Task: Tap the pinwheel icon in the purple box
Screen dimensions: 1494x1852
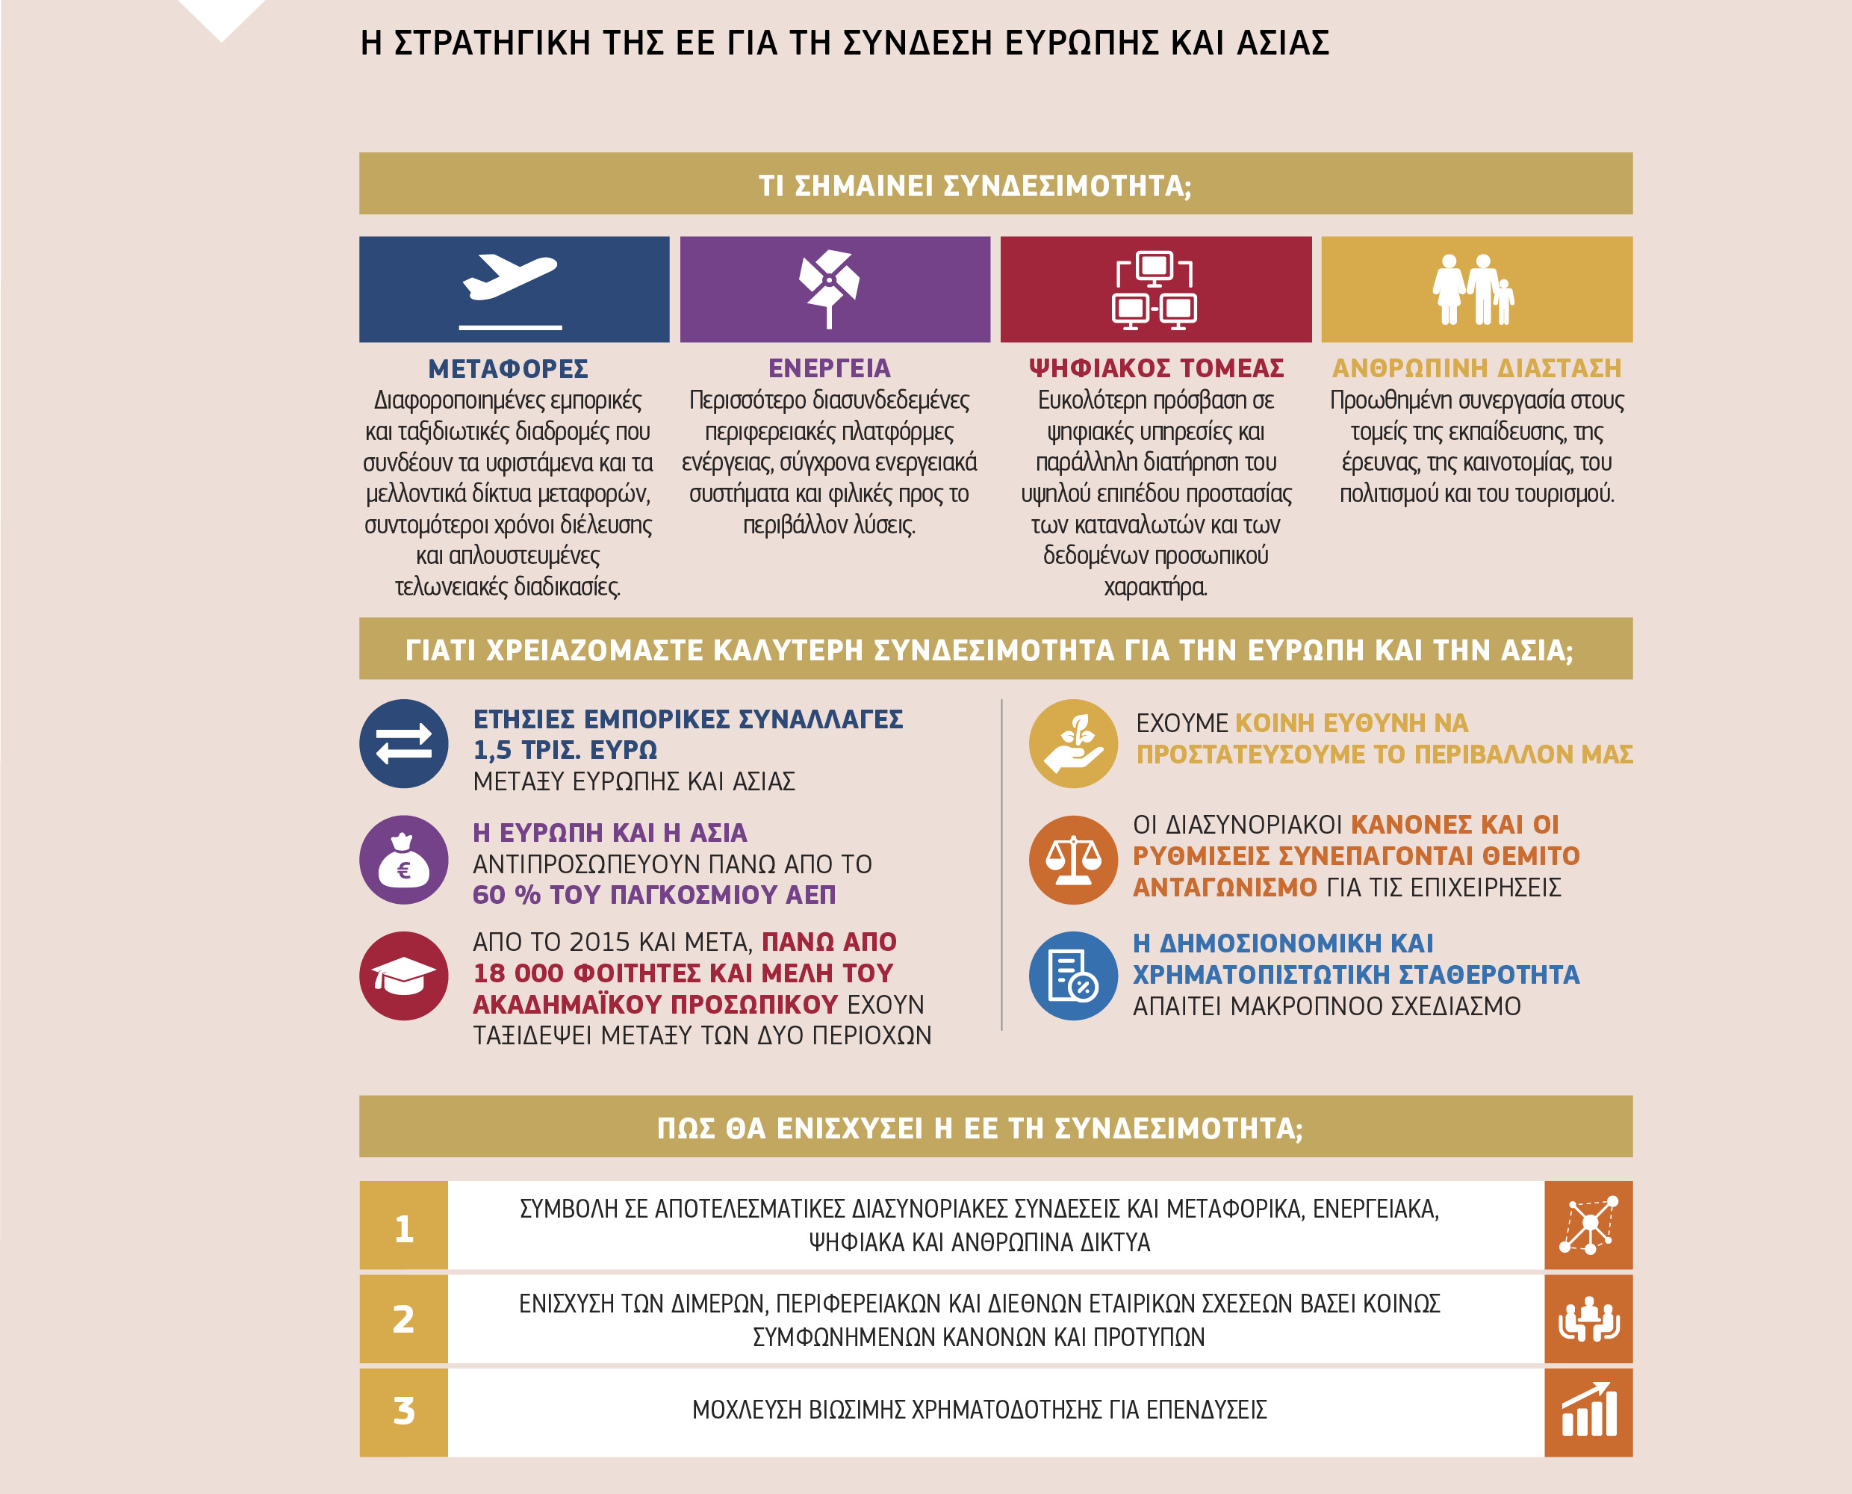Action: coord(829,285)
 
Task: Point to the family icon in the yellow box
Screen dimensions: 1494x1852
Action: coord(1473,290)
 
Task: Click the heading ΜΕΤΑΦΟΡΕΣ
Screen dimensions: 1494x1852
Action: coord(509,369)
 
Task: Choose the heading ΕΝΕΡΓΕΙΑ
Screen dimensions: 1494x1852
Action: coord(829,368)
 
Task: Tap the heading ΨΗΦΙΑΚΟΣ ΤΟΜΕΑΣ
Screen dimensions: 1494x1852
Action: coord(1156,368)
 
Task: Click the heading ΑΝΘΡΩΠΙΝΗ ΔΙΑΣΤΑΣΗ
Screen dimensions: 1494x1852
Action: coord(1476,368)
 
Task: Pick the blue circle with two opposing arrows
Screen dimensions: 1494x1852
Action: coord(403,743)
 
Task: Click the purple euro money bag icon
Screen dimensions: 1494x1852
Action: coord(403,860)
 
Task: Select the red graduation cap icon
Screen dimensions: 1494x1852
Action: coord(403,976)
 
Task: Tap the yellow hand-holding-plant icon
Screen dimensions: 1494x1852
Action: coord(1072,743)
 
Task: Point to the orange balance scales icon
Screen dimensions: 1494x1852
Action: coord(1072,860)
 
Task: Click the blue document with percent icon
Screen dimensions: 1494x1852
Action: coord(1072,976)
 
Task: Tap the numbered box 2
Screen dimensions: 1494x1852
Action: coord(403,1318)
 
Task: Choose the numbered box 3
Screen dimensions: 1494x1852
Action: coord(403,1411)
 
